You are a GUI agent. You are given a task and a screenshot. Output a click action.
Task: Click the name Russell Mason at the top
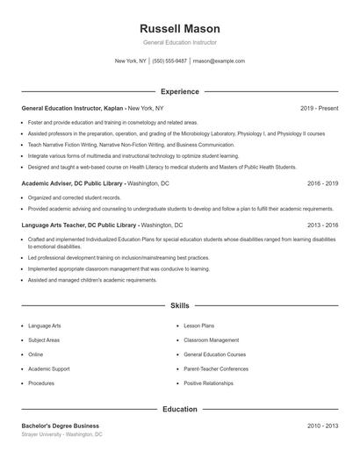[180, 28]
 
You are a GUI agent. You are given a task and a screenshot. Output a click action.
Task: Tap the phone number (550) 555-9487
[169, 61]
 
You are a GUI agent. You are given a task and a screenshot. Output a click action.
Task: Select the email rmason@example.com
[219, 61]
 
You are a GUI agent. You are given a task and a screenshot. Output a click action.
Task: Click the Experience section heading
[180, 91]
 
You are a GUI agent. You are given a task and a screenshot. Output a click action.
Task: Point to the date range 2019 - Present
[319, 108]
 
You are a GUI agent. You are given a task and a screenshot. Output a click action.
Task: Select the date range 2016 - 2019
[322, 183]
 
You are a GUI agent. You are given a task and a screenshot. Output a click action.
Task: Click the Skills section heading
[180, 306]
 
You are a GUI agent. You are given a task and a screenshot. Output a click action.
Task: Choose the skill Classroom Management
[211, 340]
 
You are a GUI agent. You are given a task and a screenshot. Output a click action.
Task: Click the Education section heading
[180, 409]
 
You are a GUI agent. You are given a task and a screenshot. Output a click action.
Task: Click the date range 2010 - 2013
[322, 426]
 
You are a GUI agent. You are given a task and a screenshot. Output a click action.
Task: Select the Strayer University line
[61, 434]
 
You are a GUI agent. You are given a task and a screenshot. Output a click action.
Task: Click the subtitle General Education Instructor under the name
[180, 42]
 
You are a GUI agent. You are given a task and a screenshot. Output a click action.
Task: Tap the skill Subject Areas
[44, 340]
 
